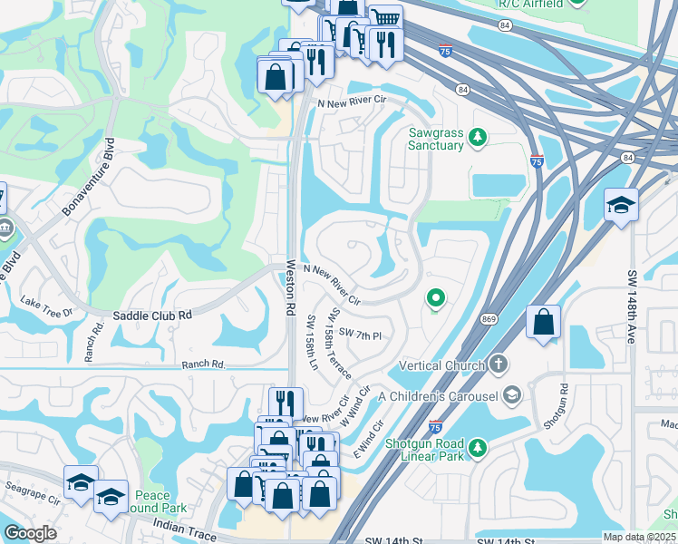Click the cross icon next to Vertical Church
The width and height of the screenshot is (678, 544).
click(498, 364)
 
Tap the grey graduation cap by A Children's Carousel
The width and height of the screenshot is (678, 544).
click(512, 394)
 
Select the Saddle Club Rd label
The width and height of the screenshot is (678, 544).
click(153, 316)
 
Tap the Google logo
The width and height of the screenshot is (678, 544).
click(30, 533)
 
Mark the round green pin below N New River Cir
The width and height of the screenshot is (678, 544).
click(436, 297)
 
